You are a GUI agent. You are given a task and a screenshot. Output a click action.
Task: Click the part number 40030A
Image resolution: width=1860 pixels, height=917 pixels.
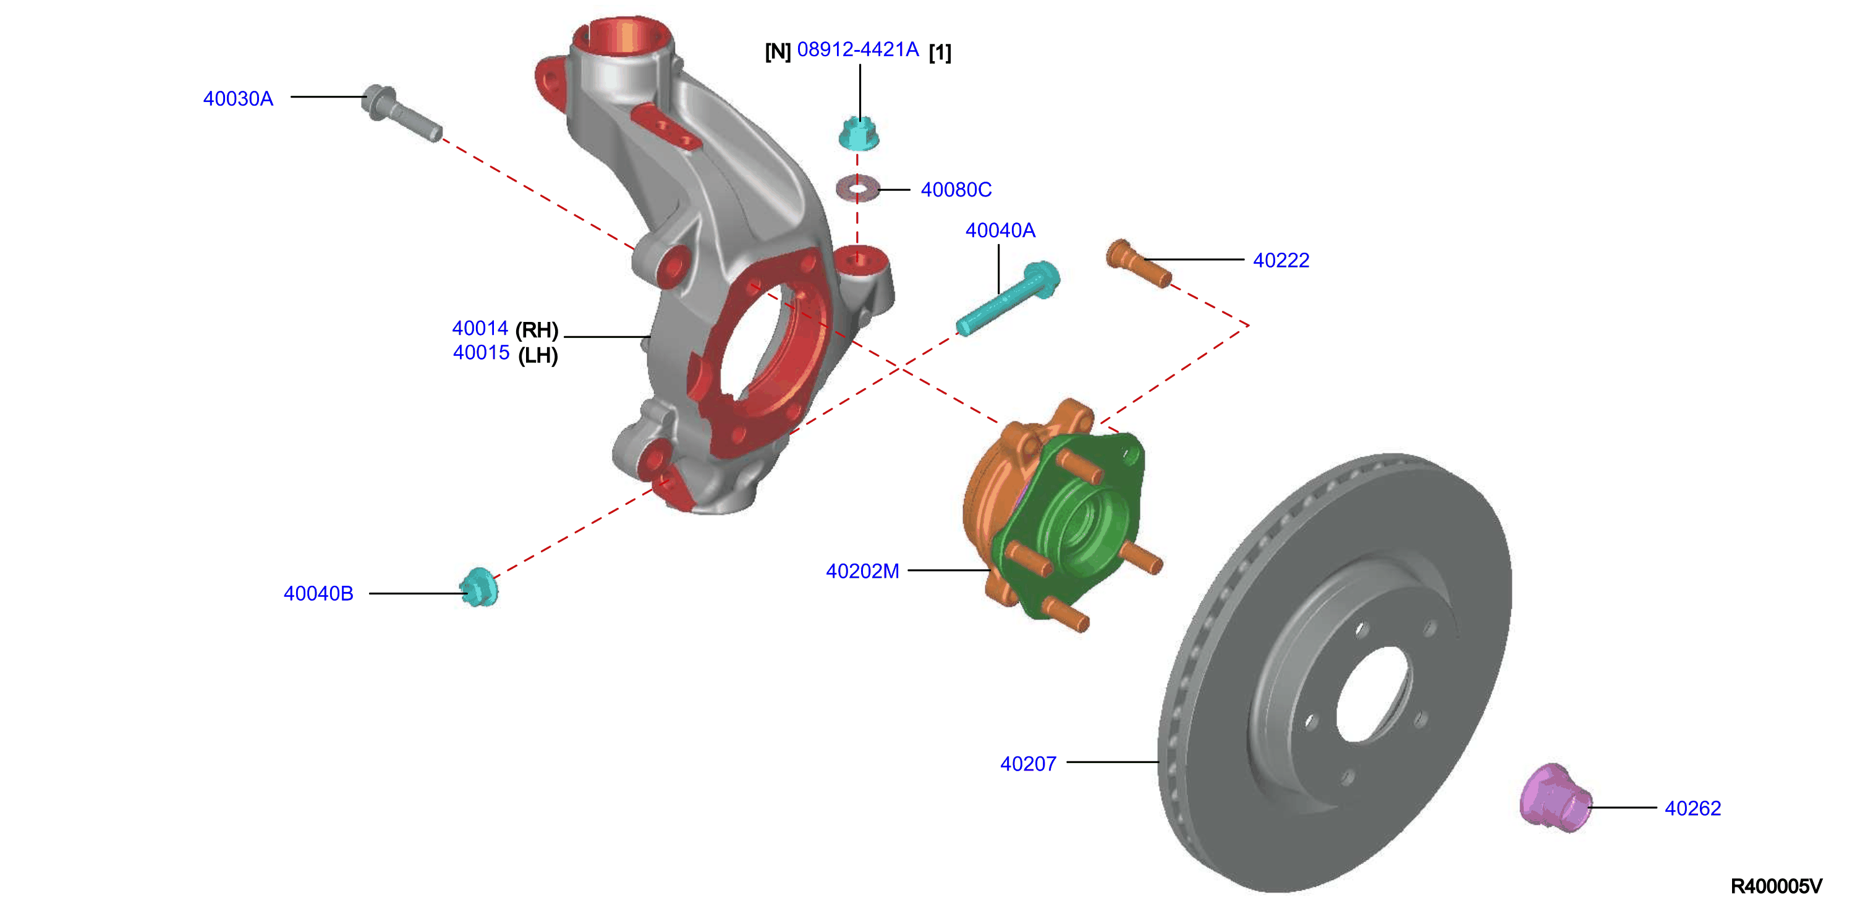(x=238, y=99)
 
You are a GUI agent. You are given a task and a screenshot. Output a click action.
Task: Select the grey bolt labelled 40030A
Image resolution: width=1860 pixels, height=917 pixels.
(x=401, y=113)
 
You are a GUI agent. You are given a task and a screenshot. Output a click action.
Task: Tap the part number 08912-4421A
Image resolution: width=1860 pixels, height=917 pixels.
(x=858, y=50)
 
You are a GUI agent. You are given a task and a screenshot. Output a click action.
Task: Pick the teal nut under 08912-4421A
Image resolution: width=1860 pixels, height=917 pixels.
(x=859, y=133)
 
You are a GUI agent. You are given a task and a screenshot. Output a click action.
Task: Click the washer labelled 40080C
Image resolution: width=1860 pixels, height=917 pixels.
(x=857, y=189)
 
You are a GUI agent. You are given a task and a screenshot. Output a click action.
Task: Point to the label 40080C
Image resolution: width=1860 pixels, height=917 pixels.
(x=956, y=190)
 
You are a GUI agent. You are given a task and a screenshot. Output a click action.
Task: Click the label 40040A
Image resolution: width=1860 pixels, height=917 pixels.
(x=1000, y=230)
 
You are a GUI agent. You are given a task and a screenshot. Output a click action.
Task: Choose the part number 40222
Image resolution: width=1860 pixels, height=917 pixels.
(x=1281, y=260)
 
